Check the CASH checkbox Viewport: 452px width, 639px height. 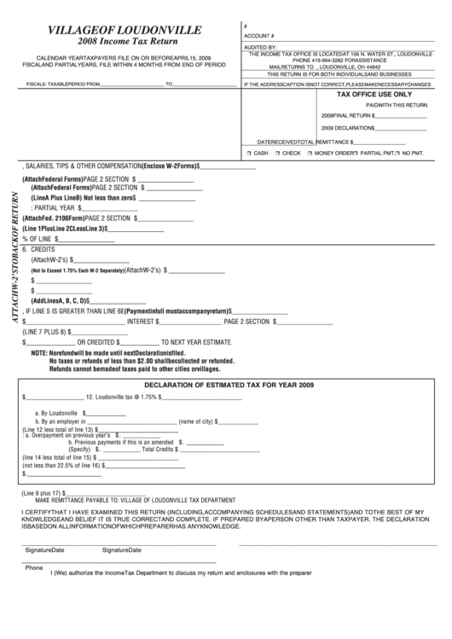[x=247, y=153]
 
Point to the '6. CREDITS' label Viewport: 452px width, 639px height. [x=49, y=249]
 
